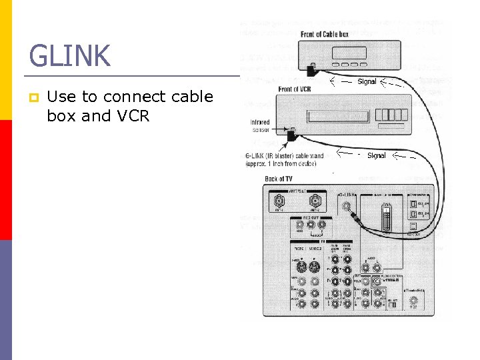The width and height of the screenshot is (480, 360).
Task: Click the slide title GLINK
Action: (69, 56)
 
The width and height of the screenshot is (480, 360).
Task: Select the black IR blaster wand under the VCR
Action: (291, 137)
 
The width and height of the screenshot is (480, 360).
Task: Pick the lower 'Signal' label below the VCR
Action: (377, 155)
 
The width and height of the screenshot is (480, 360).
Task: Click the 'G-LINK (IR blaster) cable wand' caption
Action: (285, 159)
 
